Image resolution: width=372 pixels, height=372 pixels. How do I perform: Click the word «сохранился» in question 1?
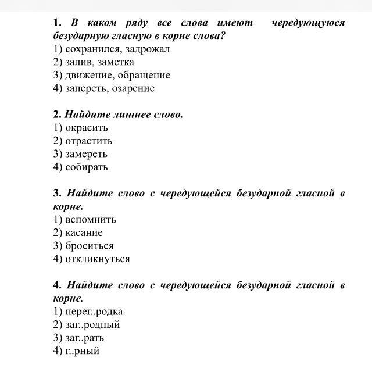point(89,49)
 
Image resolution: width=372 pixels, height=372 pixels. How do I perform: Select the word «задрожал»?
point(144,49)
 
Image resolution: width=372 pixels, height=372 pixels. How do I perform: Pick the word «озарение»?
point(133,88)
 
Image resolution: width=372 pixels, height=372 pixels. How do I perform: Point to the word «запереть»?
point(85,88)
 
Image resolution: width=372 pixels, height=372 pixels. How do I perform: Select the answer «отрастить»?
point(88,141)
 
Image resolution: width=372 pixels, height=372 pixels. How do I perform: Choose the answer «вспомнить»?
point(90,219)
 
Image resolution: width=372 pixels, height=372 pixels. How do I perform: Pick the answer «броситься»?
point(89,246)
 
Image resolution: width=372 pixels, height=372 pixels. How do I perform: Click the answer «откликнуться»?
point(97,259)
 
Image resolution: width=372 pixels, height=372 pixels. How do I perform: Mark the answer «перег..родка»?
point(94,312)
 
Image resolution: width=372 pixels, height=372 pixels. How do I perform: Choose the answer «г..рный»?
point(82,351)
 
